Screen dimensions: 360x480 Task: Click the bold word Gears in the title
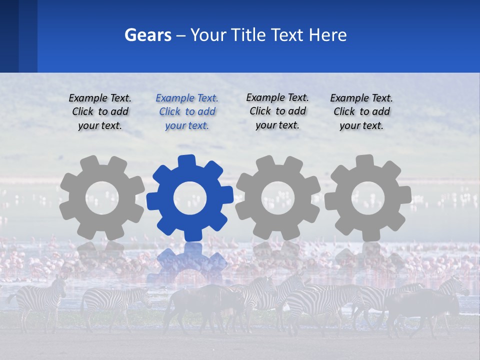coord(147,35)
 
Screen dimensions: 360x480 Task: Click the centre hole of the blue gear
coord(189,198)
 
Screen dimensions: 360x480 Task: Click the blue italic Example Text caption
coord(187,112)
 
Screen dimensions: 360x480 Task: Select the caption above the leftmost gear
coord(100,112)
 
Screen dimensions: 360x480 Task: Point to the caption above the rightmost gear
coord(361,112)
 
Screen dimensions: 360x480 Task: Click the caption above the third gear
coord(277,111)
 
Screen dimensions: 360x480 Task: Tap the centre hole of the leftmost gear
coord(102,198)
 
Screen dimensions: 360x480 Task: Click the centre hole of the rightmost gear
coord(367,198)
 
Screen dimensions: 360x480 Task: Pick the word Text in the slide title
coord(287,35)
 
